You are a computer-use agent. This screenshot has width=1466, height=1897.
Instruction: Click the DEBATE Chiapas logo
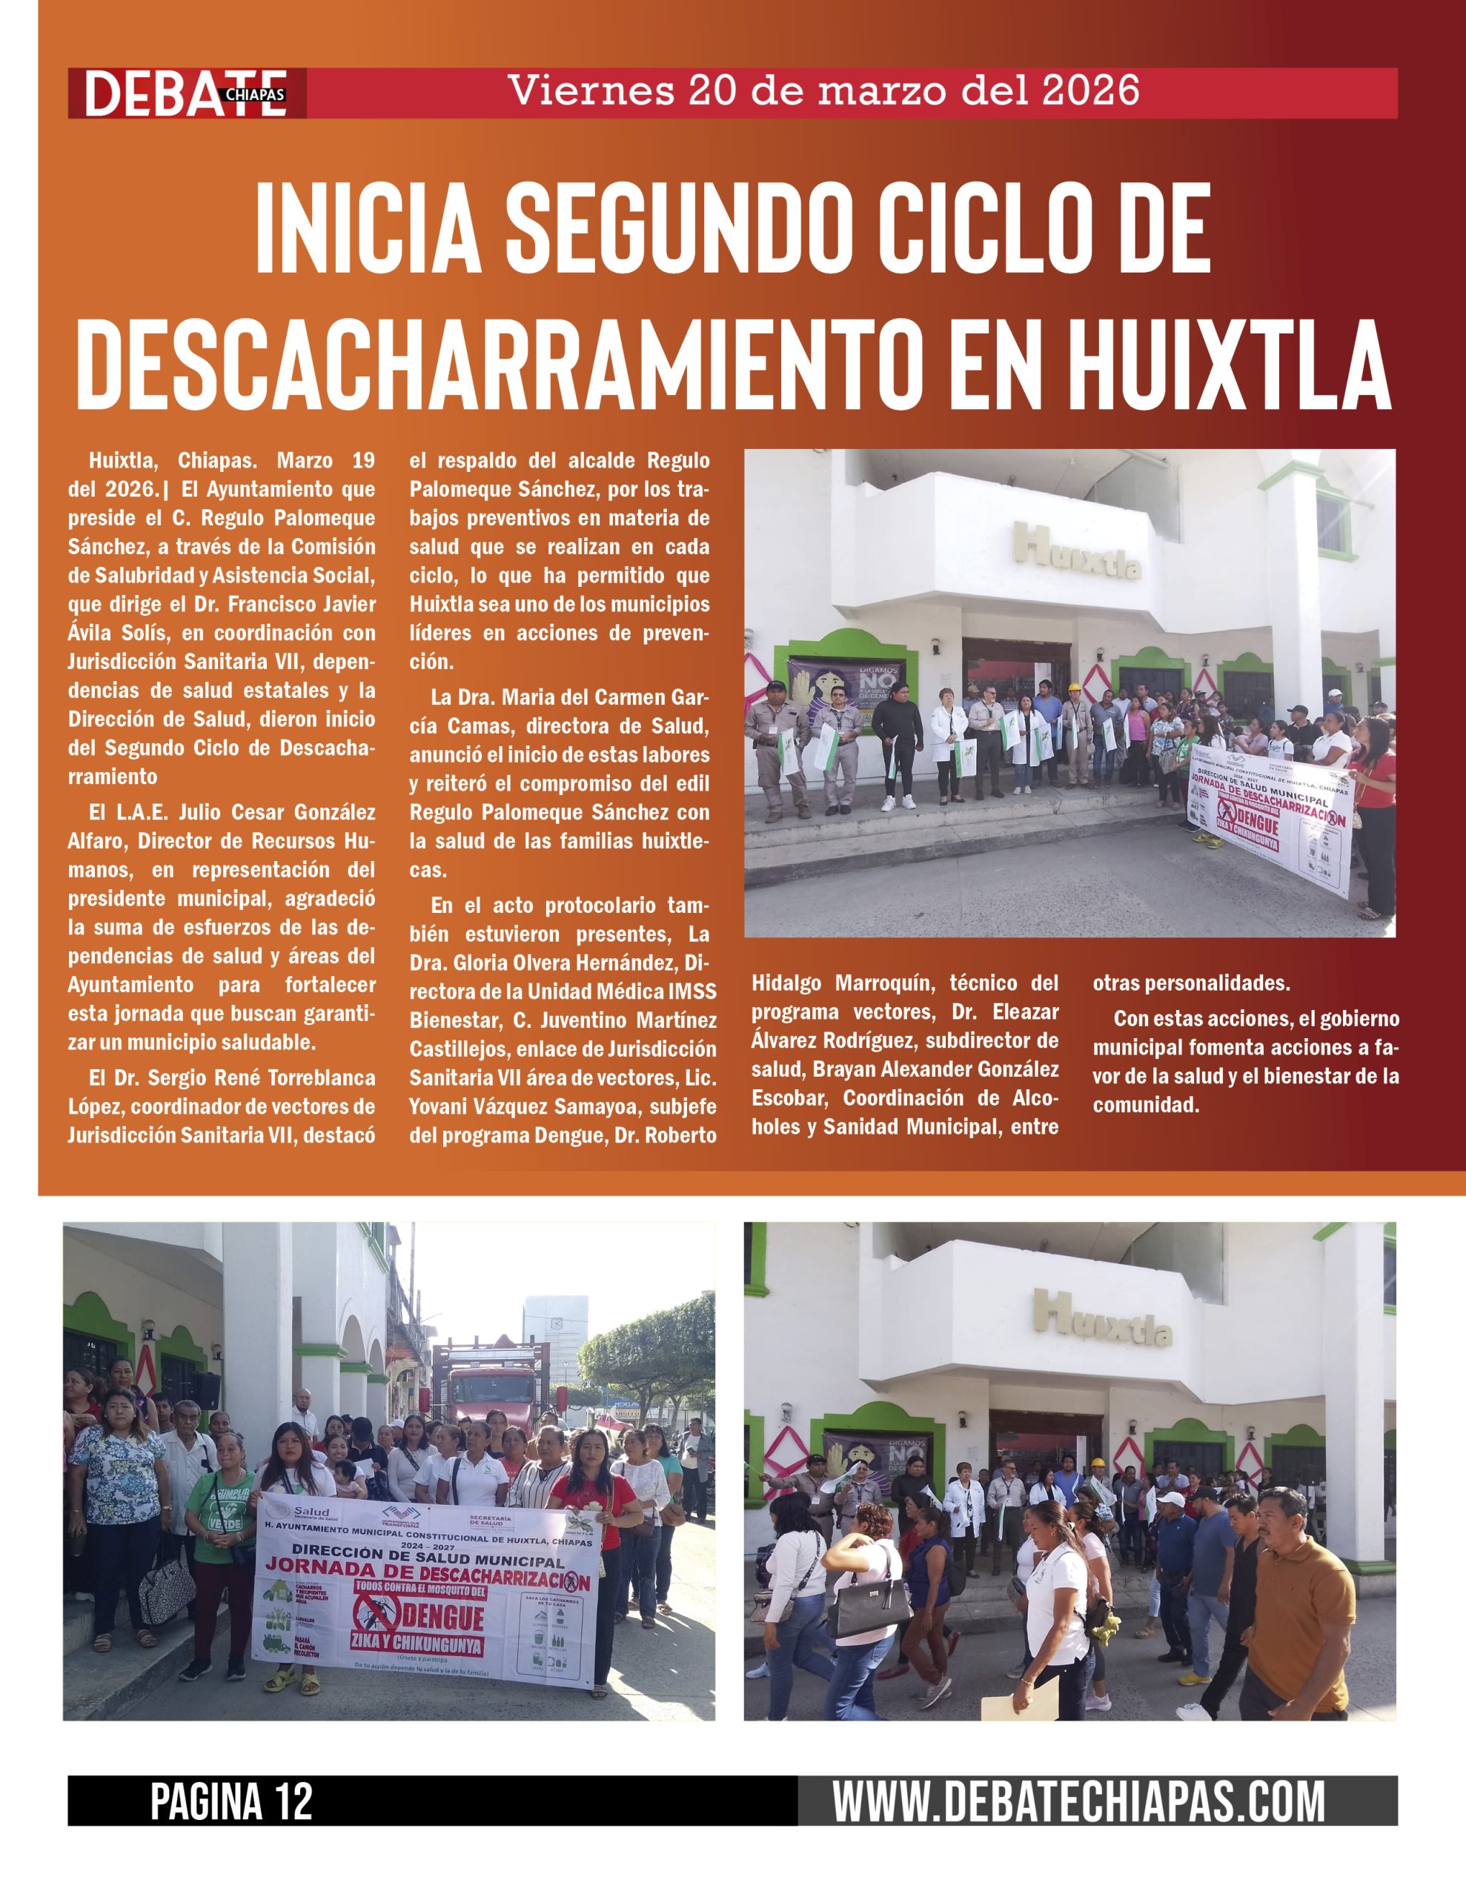pyautogui.click(x=186, y=93)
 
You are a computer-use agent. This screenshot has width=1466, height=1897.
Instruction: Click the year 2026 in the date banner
pyautogui.click(x=1090, y=91)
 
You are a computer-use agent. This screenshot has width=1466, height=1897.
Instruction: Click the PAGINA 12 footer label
pyautogui.click(x=231, y=1802)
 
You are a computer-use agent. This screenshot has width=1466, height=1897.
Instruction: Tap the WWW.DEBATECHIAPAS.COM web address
pyautogui.click(x=1078, y=1802)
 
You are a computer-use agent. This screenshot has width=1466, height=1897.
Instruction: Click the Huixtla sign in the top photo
pyautogui.click(x=1076, y=554)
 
